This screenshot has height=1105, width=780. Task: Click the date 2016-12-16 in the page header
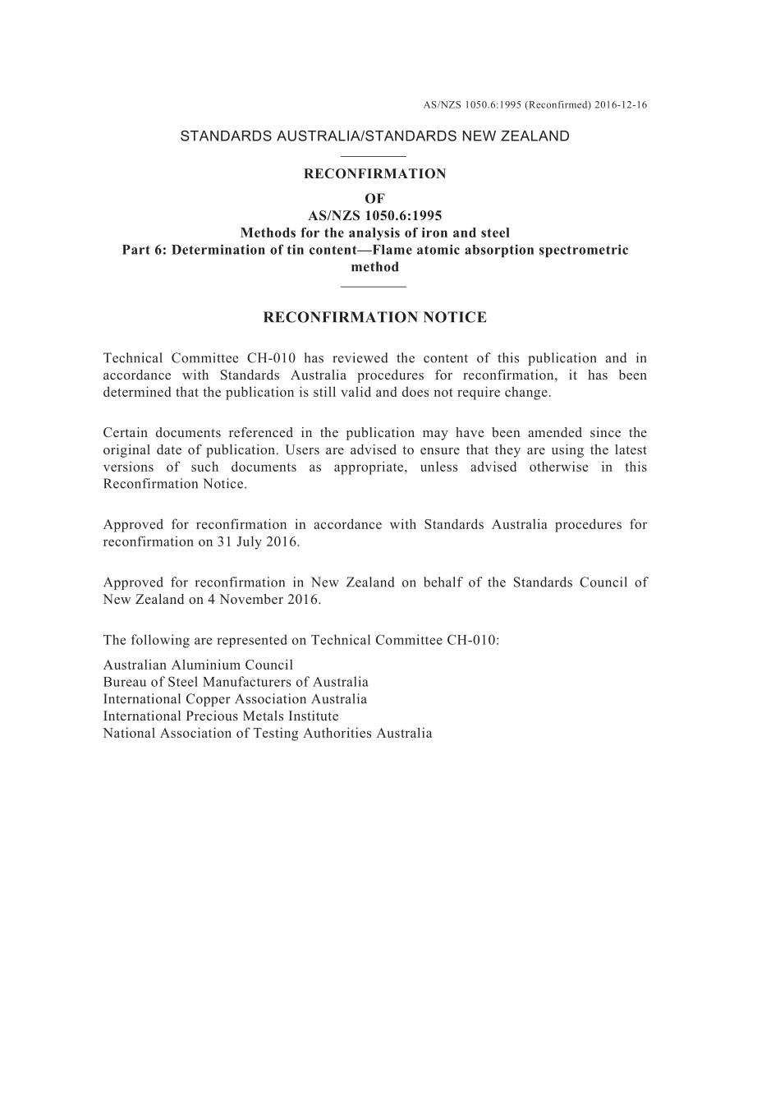tap(621, 105)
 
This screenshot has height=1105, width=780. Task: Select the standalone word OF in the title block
tap(374, 199)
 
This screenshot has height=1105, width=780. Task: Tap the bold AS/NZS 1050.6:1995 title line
tap(374, 216)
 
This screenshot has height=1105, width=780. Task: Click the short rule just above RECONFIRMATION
tap(374, 156)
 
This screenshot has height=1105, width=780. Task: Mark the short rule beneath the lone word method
tap(374, 286)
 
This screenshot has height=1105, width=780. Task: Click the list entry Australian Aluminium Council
tap(198, 665)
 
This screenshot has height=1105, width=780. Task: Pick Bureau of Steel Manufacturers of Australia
tap(236, 683)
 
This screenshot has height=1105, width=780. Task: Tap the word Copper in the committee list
tap(207, 700)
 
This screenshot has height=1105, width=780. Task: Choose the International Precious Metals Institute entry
tap(221, 716)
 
